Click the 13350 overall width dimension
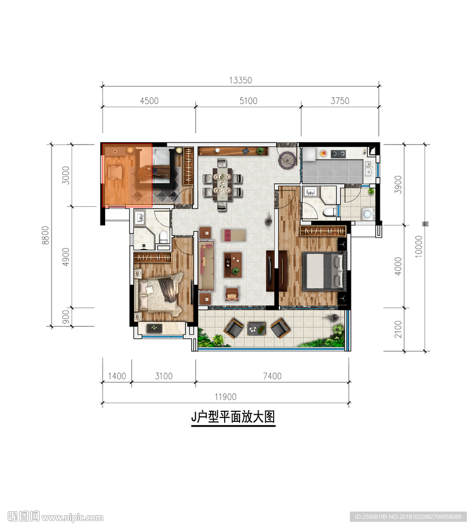pyautogui.click(x=240, y=80)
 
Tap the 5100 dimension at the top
pyautogui.click(x=248, y=100)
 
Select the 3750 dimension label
pyautogui.click(x=340, y=100)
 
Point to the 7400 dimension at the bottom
pyautogui.click(x=272, y=376)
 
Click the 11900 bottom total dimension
pyautogui.click(x=225, y=397)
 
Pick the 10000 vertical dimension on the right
pyautogui.click(x=418, y=247)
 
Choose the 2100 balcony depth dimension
pyautogui.click(x=398, y=329)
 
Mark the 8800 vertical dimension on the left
pyautogui.click(x=45, y=235)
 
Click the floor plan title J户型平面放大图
pyautogui.click(x=233, y=417)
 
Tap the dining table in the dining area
pyautogui.click(x=223, y=184)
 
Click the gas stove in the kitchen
pyautogui.click(x=338, y=153)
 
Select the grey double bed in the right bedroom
pyautogui.click(x=324, y=271)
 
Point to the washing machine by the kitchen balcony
pyautogui.click(x=367, y=214)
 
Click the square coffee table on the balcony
pyautogui.click(x=256, y=329)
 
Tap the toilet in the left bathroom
pyautogui.click(x=163, y=237)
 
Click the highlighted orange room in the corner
pyautogui.click(x=127, y=174)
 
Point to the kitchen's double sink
pyautogui.click(x=368, y=168)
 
